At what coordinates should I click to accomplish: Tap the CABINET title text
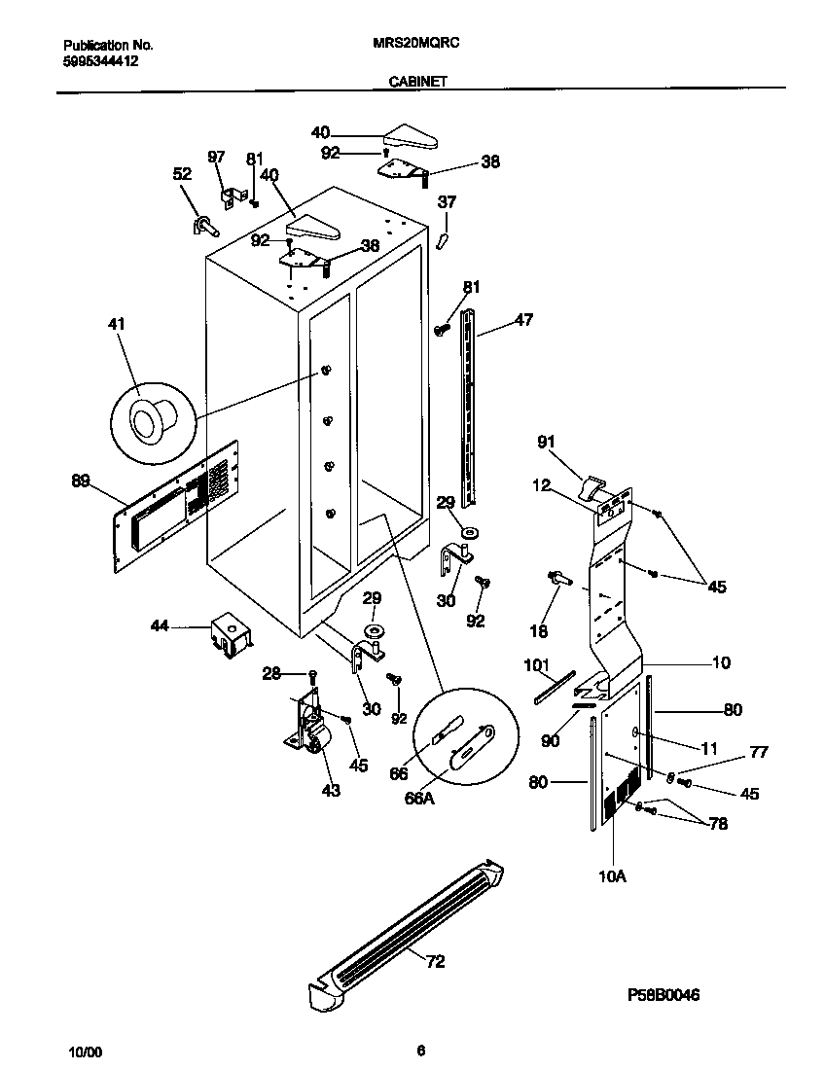tap(417, 83)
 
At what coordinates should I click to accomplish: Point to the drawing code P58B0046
tap(664, 995)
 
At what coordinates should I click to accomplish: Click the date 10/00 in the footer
tap(86, 1052)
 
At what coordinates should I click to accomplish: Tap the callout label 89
tap(81, 480)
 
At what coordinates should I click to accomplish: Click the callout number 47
tap(523, 319)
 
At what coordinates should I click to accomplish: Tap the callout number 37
tap(446, 202)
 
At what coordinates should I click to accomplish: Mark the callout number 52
tap(182, 174)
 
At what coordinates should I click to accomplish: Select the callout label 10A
tap(612, 876)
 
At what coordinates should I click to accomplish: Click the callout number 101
tap(536, 666)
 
